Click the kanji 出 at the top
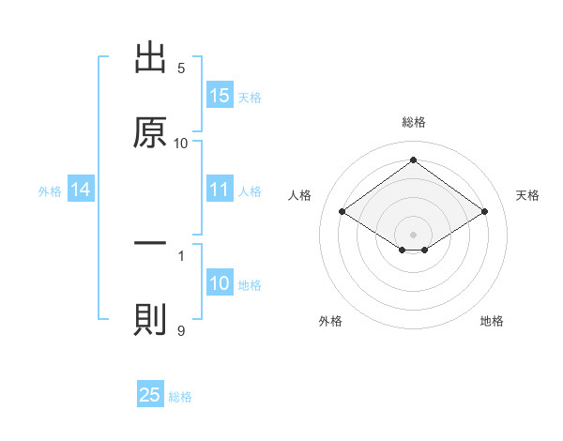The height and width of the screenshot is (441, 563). pos(151,59)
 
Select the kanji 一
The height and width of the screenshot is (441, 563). pos(151,243)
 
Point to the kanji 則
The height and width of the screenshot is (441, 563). pos(151,319)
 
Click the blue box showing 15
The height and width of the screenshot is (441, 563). pos(220,96)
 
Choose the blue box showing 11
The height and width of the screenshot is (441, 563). pos(220,190)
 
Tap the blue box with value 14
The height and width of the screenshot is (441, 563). pos(81,190)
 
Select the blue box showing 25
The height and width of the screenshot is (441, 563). pos(150,395)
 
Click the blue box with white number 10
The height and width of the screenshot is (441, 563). pos(220,283)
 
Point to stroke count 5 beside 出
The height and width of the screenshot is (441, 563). pos(181,68)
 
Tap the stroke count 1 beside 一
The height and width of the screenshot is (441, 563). pos(181,254)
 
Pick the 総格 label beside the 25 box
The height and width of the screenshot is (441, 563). pos(180,397)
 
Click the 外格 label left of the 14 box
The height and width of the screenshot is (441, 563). pos(50,191)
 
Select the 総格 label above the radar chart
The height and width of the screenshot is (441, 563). pos(413,122)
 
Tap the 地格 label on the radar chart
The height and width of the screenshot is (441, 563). pos(492,321)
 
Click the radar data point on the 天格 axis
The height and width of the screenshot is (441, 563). pos(484,212)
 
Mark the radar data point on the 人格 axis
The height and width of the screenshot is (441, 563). pos(342,212)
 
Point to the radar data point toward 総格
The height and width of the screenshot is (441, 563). pos(413,160)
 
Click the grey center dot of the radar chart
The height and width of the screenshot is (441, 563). pos(413,234)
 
